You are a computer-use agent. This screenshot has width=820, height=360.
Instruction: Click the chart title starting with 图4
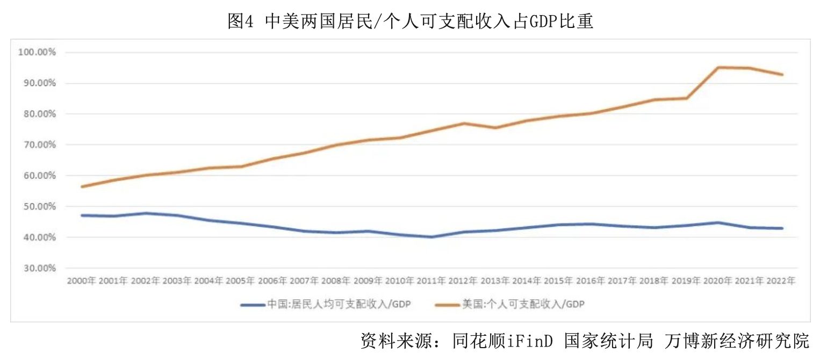(x=410, y=21)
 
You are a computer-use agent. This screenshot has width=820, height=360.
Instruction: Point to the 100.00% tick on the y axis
(x=38, y=53)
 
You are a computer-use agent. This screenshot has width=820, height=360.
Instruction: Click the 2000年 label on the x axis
(x=82, y=280)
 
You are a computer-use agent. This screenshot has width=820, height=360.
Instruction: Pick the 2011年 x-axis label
(x=430, y=280)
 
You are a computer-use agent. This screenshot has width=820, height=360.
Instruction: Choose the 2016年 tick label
(x=589, y=280)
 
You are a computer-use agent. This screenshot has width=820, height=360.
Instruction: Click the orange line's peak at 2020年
(x=718, y=68)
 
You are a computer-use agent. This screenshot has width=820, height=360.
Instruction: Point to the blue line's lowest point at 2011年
(x=431, y=237)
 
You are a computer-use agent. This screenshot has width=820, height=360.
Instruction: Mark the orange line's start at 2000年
(x=82, y=186)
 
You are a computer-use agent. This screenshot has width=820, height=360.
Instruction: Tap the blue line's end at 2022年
(x=782, y=228)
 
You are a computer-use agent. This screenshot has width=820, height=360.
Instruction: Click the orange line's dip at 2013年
(x=495, y=128)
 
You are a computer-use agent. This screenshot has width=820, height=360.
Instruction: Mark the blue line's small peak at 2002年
(x=146, y=213)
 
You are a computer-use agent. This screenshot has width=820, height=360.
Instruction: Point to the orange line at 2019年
(x=686, y=98)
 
